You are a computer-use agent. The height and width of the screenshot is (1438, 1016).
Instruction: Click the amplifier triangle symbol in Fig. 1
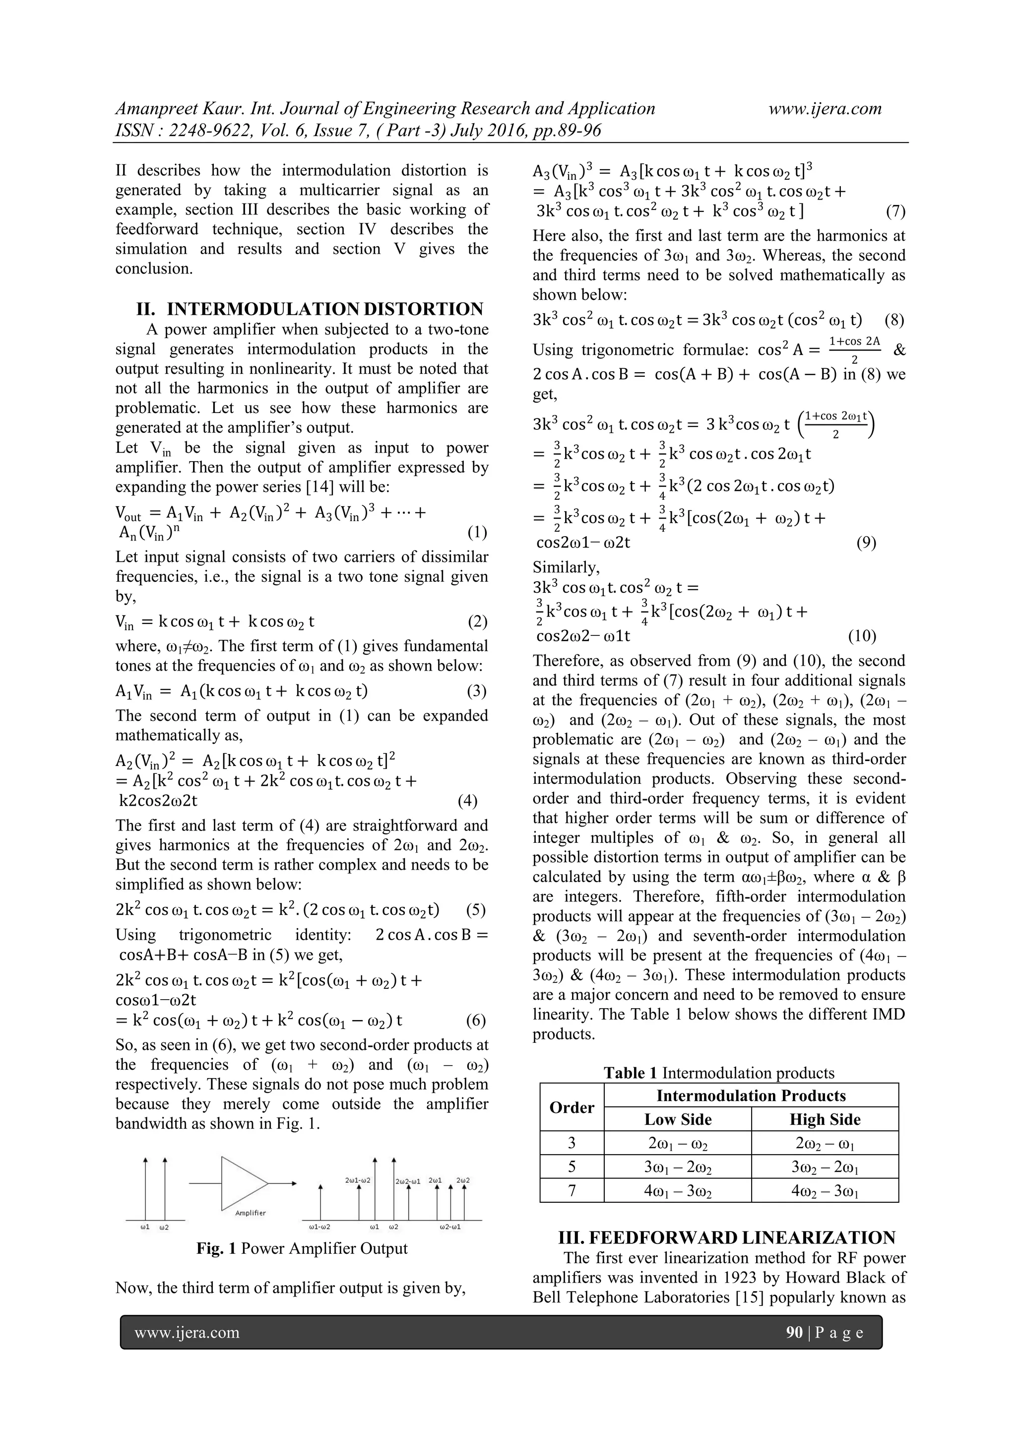[x=243, y=1183]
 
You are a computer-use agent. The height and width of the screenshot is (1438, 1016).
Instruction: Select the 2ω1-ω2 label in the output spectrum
[x=358, y=1180]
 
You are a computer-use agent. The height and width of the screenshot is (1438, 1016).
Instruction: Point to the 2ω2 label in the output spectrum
[x=463, y=1180]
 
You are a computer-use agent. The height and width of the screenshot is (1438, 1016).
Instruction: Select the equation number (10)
[x=862, y=636]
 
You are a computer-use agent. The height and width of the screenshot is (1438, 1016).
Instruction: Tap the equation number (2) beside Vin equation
[x=477, y=622]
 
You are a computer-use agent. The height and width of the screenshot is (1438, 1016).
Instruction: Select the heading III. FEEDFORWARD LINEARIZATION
[x=727, y=1237]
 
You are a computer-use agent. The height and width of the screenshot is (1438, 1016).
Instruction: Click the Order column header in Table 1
[x=571, y=1107]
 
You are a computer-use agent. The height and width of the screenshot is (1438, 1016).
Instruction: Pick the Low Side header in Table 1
[x=678, y=1119]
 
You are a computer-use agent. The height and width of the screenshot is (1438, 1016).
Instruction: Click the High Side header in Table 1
[x=825, y=1119]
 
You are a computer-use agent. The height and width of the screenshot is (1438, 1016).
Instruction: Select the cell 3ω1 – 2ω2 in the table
[x=678, y=1167]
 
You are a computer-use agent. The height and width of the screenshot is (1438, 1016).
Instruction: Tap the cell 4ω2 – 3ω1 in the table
[x=825, y=1191]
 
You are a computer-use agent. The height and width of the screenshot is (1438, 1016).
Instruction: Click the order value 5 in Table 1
[x=571, y=1167]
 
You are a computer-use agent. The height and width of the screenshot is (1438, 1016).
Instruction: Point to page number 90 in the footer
[x=794, y=1333]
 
